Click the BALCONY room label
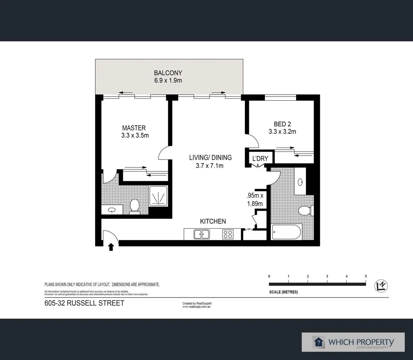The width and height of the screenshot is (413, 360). (x=168, y=73)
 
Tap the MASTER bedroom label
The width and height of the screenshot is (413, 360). (x=134, y=128)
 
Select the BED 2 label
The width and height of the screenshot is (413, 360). (x=282, y=124)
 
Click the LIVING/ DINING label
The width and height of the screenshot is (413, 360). (x=210, y=158)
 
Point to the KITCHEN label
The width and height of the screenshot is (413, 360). (x=213, y=221)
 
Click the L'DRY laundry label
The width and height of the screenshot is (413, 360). (x=260, y=159)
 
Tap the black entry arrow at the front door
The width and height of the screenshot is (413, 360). (x=111, y=247)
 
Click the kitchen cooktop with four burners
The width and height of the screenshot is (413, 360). (x=228, y=234)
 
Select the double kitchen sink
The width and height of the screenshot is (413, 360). (x=201, y=234)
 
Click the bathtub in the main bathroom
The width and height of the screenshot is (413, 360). (x=287, y=232)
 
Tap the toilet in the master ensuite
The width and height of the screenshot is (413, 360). (x=135, y=205)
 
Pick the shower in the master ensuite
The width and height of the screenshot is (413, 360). (x=158, y=196)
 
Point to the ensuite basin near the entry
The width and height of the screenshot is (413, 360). (x=112, y=210)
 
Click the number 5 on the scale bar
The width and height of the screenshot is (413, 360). (x=366, y=276)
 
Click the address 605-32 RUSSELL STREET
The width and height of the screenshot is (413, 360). (x=84, y=303)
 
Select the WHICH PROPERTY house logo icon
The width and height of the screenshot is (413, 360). (x=319, y=342)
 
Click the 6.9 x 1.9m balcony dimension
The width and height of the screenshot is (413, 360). (x=168, y=80)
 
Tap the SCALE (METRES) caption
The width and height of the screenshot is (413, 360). (x=283, y=292)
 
